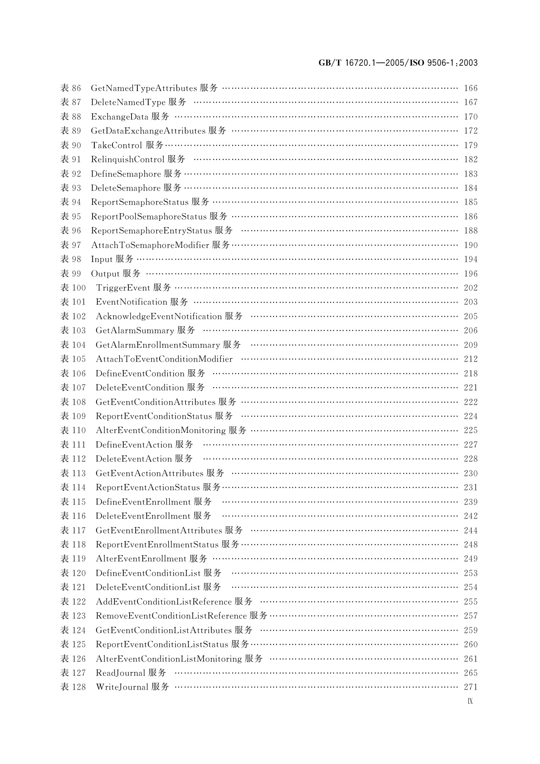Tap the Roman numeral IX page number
point(470,701)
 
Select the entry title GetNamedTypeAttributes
point(144,88)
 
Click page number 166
point(471,88)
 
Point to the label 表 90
point(71,145)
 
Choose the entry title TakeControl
point(117,145)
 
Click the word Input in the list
point(102,259)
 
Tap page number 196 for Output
point(471,274)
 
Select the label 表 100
point(73,288)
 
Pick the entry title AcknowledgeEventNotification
point(159,316)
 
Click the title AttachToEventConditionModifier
point(164,359)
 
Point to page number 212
point(471,359)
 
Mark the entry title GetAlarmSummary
point(135,330)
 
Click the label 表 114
point(73,487)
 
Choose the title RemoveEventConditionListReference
point(171,616)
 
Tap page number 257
point(471,616)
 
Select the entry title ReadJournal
point(120,673)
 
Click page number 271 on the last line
point(471,687)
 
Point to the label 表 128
point(73,687)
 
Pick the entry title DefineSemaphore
point(126,174)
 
